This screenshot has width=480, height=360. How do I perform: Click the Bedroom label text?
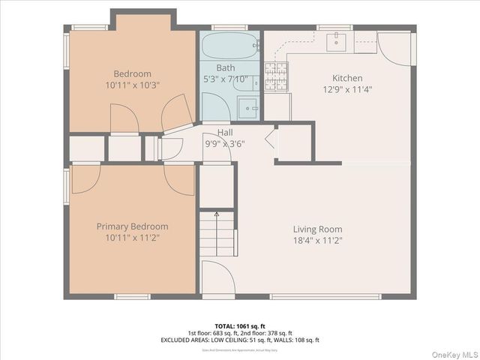coord(132,73)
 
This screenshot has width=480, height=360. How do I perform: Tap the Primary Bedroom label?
coord(132,226)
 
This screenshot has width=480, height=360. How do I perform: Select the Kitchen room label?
coord(347,78)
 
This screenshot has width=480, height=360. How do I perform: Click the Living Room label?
coord(317,229)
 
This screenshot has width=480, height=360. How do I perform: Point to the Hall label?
coord(225,133)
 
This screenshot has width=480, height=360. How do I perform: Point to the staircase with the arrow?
coord(217,234)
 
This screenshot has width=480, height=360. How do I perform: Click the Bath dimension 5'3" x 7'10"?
coord(226,79)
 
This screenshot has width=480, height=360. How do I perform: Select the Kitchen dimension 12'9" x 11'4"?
coord(347,89)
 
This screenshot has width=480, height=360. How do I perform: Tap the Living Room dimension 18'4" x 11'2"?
coord(317,241)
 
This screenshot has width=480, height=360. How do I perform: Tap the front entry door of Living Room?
coord(218,280)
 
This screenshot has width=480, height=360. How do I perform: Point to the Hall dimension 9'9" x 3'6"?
coord(225,143)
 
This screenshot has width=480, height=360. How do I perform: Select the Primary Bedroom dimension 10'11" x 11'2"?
coord(132,238)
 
